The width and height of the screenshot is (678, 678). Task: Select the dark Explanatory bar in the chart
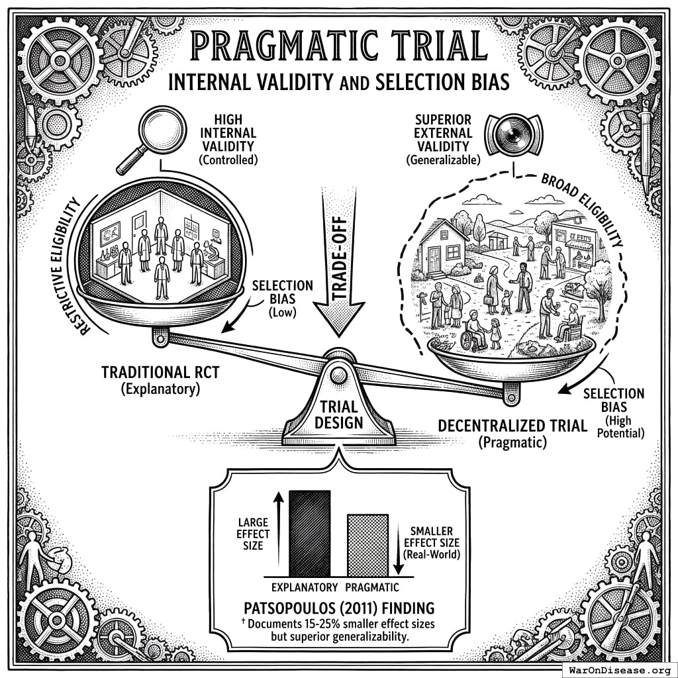click(309, 533)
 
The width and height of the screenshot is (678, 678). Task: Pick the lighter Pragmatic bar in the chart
click(367, 545)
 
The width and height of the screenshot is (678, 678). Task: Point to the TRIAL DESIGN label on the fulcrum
click(339, 414)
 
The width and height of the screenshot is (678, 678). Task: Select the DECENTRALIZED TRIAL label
click(512, 425)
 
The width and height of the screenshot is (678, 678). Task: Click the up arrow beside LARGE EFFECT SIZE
click(278, 530)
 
